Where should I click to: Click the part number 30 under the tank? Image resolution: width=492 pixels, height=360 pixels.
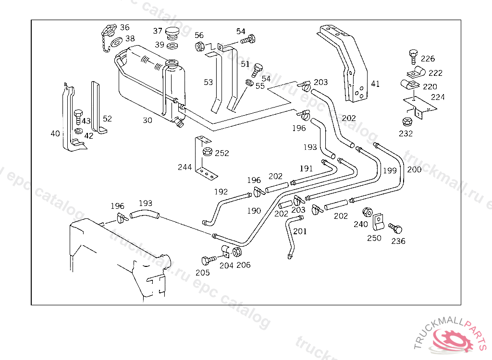point(147,120)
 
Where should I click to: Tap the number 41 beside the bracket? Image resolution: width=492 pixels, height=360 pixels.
point(375,84)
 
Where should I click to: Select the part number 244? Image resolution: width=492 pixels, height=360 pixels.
point(184,167)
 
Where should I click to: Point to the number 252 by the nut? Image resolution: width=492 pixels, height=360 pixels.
point(222,153)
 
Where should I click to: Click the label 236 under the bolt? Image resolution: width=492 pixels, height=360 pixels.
point(398,241)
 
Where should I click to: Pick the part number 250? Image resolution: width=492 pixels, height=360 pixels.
point(374,238)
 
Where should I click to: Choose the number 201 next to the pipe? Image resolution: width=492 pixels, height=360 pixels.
point(300,231)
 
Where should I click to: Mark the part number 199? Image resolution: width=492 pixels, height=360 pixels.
point(390,170)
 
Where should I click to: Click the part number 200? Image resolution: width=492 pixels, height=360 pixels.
point(414,169)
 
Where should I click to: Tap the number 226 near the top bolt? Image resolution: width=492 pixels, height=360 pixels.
point(428,59)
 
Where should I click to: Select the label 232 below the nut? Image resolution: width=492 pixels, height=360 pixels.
point(406,133)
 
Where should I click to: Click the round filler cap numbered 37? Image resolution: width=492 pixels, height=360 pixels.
point(172,34)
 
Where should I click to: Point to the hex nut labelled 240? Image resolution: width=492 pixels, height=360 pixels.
point(367,212)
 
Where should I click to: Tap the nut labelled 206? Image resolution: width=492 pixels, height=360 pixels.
point(237,252)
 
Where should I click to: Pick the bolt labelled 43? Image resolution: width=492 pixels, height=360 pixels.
point(78,115)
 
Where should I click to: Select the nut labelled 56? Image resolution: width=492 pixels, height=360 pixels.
point(200,47)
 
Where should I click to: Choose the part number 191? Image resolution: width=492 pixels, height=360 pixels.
point(306,168)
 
